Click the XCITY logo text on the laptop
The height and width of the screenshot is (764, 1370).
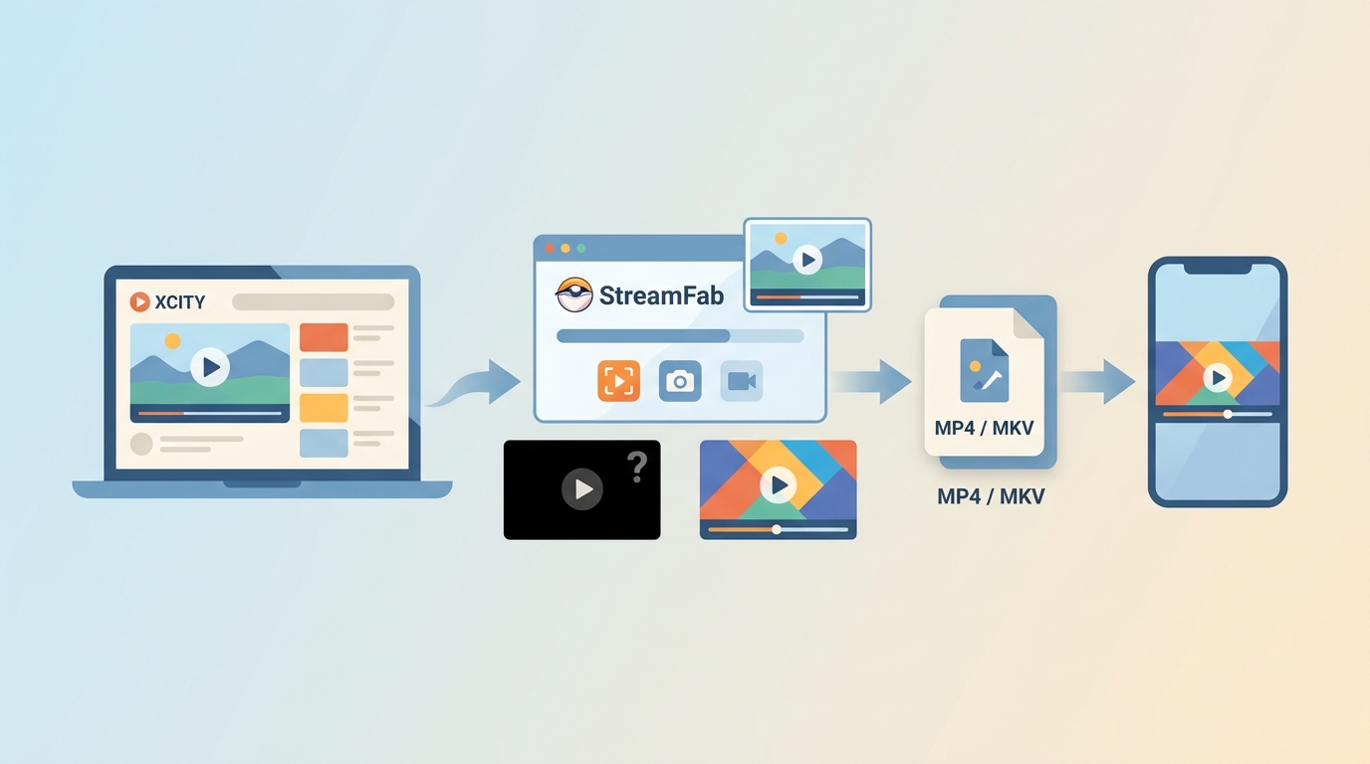tap(180, 302)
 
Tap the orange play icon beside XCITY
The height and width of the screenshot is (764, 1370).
tap(140, 301)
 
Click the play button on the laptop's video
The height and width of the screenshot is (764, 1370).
tap(210, 367)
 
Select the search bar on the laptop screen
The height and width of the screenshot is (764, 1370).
tap(314, 302)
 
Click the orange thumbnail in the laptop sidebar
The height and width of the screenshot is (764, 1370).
tap(324, 337)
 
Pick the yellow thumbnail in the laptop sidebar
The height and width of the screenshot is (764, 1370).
tap(324, 408)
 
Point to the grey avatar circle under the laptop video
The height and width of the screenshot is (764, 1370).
tap(141, 444)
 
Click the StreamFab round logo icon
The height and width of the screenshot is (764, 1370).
tap(574, 294)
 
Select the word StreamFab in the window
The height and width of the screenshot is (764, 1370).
tap(661, 295)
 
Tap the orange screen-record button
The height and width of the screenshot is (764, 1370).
tap(619, 381)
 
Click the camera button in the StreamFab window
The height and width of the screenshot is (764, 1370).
tap(680, 381)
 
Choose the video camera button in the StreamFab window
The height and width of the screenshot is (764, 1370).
tap(742, 381)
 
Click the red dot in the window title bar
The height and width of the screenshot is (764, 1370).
tap(550, 248)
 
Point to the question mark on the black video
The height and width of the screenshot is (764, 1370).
tap(637, 468)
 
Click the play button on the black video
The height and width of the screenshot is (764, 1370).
tap(582, 489)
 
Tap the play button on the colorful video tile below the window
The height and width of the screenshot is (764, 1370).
tap(778, 485)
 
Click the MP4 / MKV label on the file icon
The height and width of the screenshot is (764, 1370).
tap(984, 428)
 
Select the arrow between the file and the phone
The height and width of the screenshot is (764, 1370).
tap(1098, 382)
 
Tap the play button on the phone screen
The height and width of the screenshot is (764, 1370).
tap(1218, 378)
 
